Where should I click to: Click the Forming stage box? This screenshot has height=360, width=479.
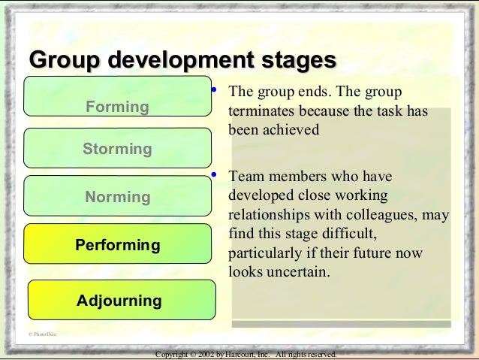[x=118, y=96]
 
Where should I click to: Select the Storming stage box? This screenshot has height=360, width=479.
[x=118, y=148]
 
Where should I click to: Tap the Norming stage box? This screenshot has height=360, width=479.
[x=118, y=197]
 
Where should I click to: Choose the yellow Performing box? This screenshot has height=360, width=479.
[x=118, y=245]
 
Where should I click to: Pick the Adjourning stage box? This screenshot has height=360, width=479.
[x=120, y=301]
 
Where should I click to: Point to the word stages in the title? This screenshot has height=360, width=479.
[x=294, y=59]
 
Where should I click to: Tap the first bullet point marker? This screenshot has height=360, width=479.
[x=213, y=91]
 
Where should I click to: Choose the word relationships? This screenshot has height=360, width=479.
[x=267, y=216]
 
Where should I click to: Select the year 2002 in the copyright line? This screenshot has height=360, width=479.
[x=212, y=354]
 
